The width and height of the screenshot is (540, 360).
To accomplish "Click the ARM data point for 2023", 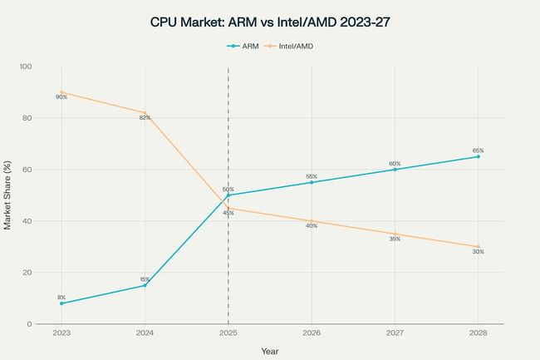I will point(61,303).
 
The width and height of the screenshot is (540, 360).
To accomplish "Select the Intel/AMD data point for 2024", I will point(145,113).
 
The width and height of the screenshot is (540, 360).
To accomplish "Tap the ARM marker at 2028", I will point(478,156).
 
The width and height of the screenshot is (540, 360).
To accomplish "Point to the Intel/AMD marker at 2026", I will point(312,221).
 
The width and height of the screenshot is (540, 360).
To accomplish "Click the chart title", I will point(269,22).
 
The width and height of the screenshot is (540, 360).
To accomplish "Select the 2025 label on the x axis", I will point(228,332).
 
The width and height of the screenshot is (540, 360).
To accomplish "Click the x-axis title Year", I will point(269,351).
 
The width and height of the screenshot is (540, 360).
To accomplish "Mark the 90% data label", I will point(61,97).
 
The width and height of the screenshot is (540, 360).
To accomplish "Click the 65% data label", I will point(478,150).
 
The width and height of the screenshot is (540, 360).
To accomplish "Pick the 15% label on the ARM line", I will point(145,279).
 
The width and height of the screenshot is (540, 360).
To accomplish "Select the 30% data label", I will point(478,252).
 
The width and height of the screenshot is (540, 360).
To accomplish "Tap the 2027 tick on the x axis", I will point(395,332).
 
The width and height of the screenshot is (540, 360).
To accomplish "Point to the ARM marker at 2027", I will point(395,170).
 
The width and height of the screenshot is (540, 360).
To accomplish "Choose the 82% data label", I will point(145,118).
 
